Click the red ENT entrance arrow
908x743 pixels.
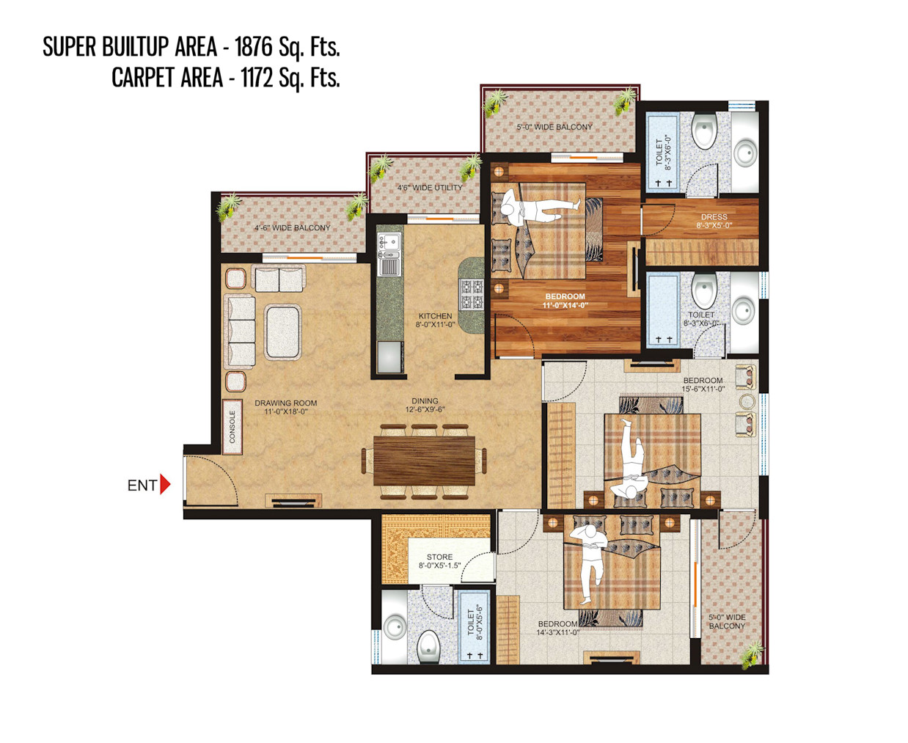(x=165, y=485)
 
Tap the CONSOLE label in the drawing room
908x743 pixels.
(x=232, y=427)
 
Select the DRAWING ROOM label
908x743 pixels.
(x=285, y=408)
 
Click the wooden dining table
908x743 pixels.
(x=424, y=461)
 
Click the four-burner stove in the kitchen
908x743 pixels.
(x=472, y=294)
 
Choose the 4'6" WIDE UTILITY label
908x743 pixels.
(x=429, y=188)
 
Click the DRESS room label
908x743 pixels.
(x=714, y=221)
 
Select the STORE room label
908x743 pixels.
(x=439, y=561)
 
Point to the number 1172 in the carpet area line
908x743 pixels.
(x=257, y=78)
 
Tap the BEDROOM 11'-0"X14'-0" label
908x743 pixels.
(x=565, y=301)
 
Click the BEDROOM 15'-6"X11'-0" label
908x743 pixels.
(x=703, y=384)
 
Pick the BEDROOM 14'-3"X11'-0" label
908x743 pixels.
(x=557, y=628)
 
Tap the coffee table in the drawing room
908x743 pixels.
(x=283, y=332)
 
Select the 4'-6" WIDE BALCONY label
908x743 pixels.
(x=293, y=227)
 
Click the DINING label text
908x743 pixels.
(x=425, y=400)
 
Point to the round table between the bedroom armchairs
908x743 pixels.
(x=747, y=401)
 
